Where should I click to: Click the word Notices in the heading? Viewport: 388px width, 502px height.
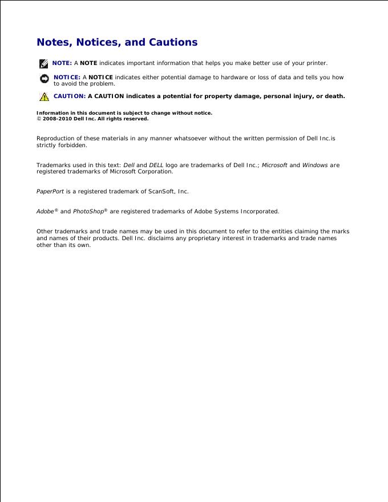click(99, 42)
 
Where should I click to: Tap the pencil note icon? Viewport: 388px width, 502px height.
click(44, 63)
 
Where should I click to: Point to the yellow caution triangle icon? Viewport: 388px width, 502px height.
click(44, 96)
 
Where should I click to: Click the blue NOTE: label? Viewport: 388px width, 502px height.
click(62, 63)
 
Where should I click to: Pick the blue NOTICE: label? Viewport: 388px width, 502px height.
click(67, 77)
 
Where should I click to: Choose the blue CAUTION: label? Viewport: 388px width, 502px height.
click(70, 96)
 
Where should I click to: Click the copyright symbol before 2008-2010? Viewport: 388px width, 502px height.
click(39, 119)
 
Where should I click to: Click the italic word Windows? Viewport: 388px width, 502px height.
click(315, 165)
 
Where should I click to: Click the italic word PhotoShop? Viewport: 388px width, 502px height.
click(89, 212)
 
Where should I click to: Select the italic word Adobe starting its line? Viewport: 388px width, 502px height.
click(46, 212)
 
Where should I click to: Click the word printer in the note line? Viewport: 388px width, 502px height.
click(316, 63)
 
